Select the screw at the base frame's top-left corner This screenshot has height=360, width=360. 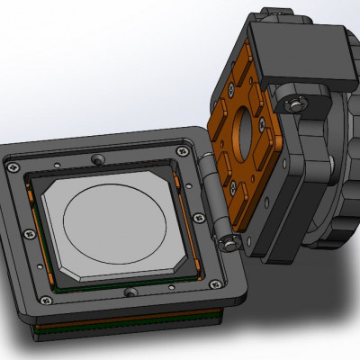[x=13, y=166]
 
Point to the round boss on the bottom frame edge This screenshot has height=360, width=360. [x=131, y=292]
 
